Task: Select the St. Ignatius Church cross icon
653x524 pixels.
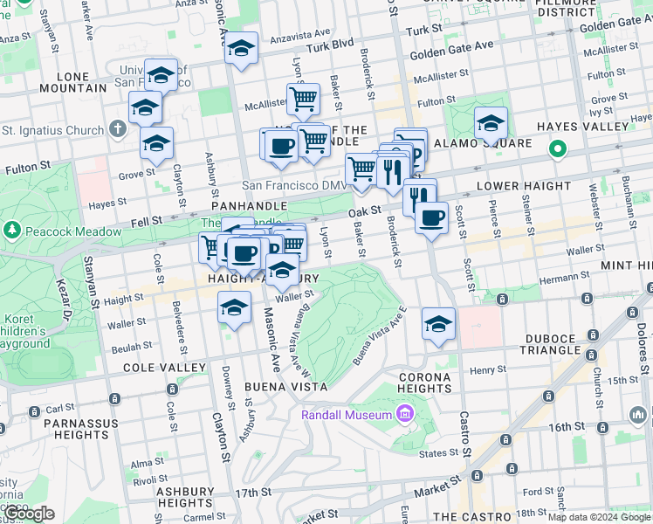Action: (120, 130)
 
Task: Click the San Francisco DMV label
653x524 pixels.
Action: (293, 186)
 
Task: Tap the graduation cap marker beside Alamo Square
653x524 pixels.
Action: (491, 123)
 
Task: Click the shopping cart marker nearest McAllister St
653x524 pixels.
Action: (304, 98)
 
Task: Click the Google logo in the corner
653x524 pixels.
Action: (29, 514)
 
